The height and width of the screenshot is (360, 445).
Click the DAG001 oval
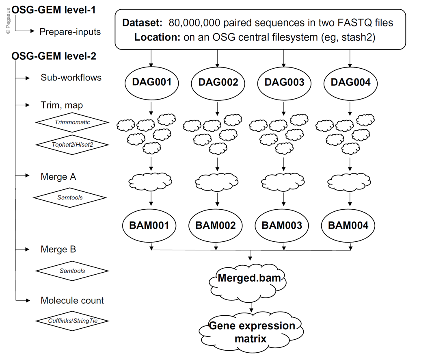pos(151,82)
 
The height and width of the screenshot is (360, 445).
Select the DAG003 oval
pos(284,82)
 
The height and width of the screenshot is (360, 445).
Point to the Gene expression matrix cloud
pos(252,332)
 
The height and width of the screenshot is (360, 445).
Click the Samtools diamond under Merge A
pos(69,197)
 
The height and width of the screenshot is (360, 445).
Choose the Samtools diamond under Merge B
pos(72,270)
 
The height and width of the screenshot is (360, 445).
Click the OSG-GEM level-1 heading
pos(54,10)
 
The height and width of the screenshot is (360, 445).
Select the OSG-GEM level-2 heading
pos(54,56)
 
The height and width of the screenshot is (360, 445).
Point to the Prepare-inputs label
pos(70,32)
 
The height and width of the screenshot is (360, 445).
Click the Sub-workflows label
pos(71,77)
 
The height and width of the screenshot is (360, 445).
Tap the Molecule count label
pos(72,300)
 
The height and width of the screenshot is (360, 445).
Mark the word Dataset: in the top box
pos(143,22)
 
